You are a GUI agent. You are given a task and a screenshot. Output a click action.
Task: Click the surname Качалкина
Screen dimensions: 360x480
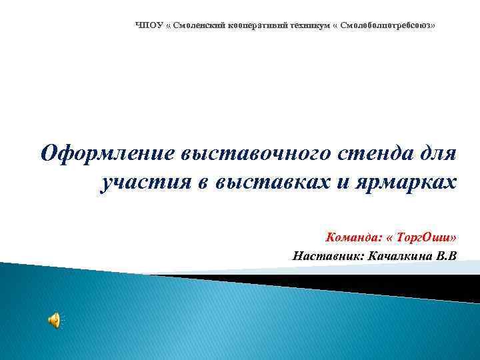[x=399, y=255]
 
